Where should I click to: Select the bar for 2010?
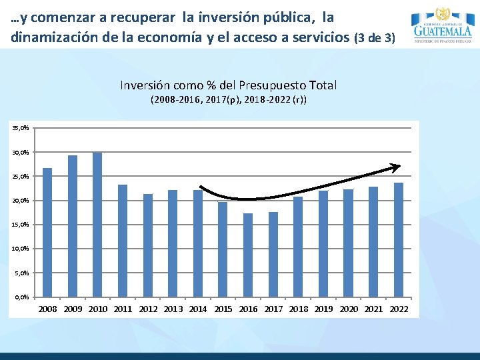click(x=97, y=225)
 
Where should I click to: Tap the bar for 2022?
click(x=399, y=239)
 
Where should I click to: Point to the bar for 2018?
click(x=298, y=247)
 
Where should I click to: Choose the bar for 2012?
click(x=148, y=245)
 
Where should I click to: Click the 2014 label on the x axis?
click(x=198, y=309)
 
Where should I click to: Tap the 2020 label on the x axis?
click(x=349, y=309)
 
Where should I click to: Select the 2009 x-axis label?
click(x=73, y=309)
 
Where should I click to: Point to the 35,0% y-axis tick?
click(x=21, y=128)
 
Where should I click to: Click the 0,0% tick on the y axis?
click(x=22, y=297)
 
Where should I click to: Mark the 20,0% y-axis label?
click(x=21, y=201)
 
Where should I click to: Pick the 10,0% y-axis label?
click(x=21, y=249)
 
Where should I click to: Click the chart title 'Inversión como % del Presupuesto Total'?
click(x=228, y=85)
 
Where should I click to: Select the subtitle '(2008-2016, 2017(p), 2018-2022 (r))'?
click(x=228, y=100)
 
